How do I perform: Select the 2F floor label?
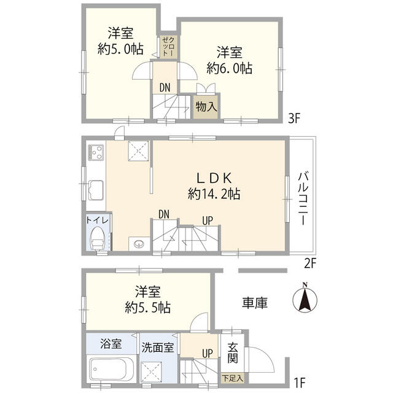pyautogui.click(x=309, y=265)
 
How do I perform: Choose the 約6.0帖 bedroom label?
pyautogui.click(x=229, y=60)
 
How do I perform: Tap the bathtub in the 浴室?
pyautogui.click(x=112, y=370)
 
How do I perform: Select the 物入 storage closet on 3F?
pyautogui.click(x=206, y=106)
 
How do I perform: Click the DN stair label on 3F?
pyautogui.click(x=165, y=88)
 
